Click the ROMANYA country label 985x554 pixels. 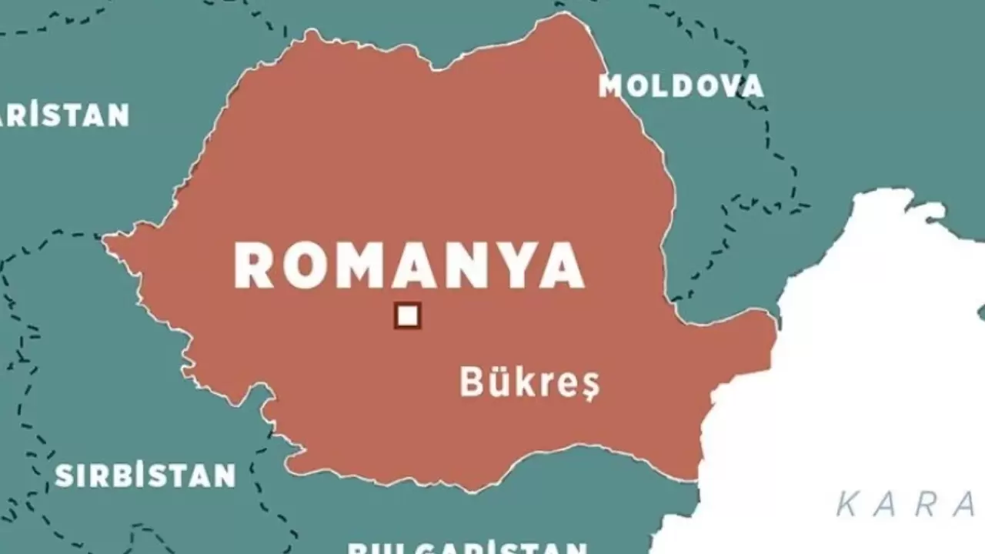click(x=409, y=265)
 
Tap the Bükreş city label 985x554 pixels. click(x=529, y=382)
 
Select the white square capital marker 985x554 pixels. click(x=407, y=315)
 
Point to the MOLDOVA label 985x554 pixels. click(x=681, y=86)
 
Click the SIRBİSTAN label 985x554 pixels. click(x=145, y=476)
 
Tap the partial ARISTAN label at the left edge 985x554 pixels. click(x=65, y=115)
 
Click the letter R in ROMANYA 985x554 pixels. click(x=253, y=265)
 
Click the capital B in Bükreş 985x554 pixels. click(x=471, y=381)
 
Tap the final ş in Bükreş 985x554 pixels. click(x=588, y=385)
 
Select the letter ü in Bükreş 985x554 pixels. click(x=496, y=382)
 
